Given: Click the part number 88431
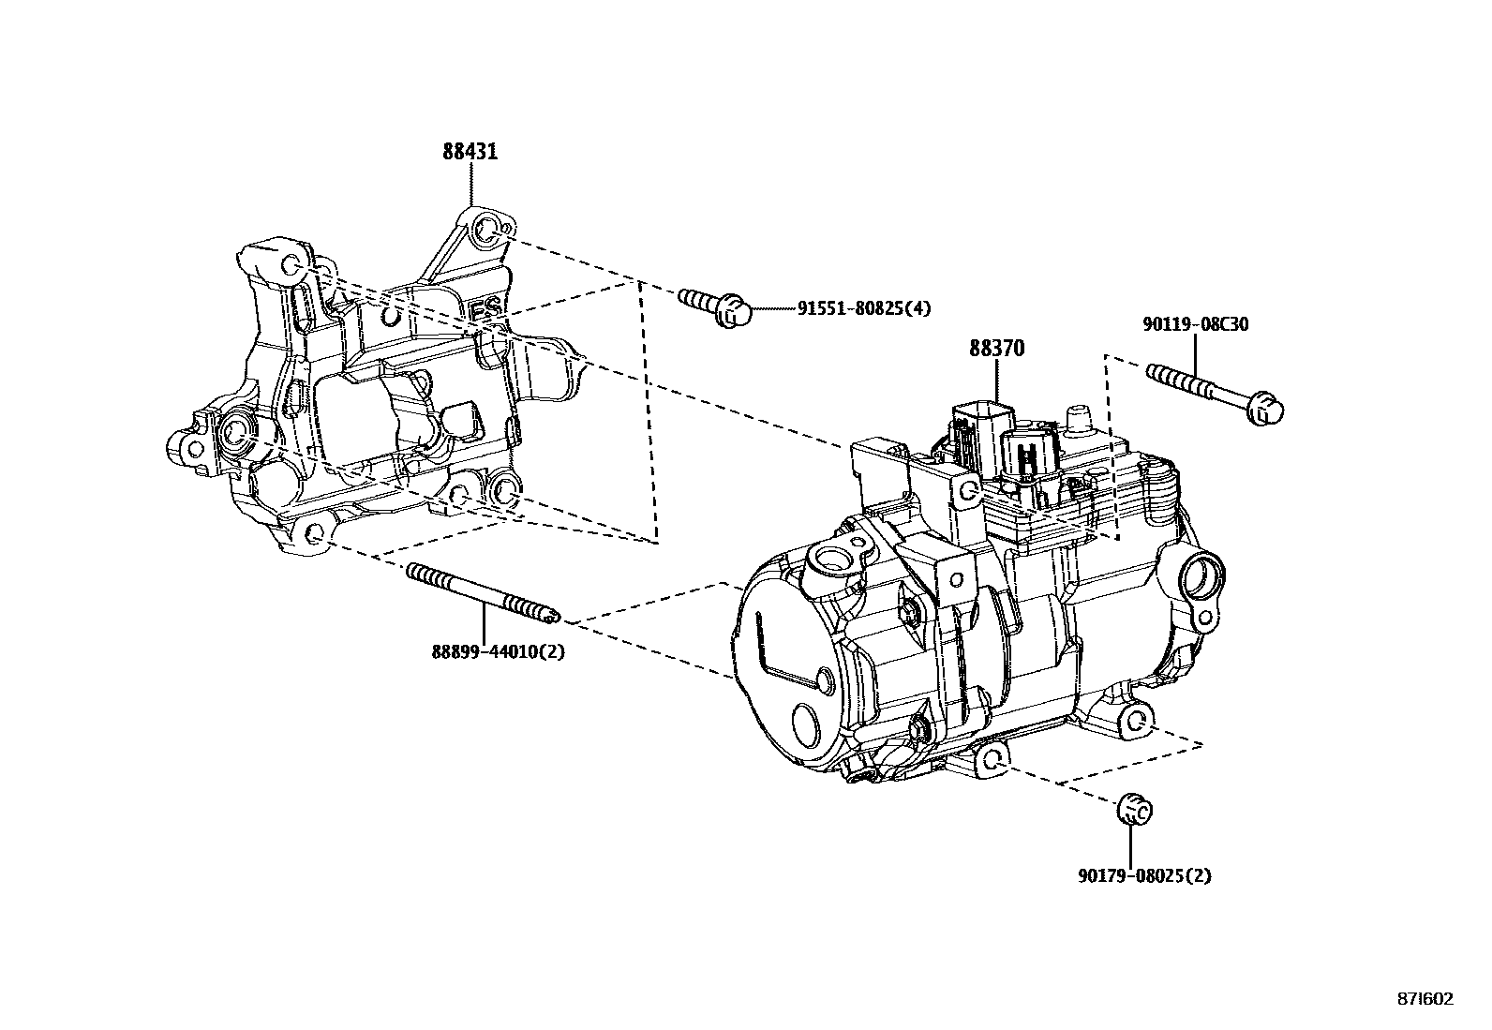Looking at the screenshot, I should click(x=470, y=152).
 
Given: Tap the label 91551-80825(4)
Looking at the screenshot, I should click(x=864, y=308).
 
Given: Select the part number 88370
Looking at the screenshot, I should click(x=996, y=349).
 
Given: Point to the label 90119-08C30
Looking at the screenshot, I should click(x=1195, y=324).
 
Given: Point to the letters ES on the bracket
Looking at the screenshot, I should click(x=485, y=309).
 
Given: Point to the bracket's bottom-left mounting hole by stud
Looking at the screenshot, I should click(x=316, y=533).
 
